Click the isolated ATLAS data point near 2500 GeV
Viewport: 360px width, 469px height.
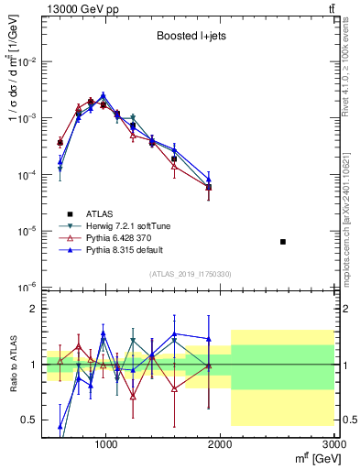pyautogui.click(x=283, y=242)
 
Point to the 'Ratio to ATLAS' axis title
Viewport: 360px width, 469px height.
pyautogui.click(x=12, y=365)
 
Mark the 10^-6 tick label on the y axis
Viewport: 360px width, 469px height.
pyautogui.click(x=25, y=288)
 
